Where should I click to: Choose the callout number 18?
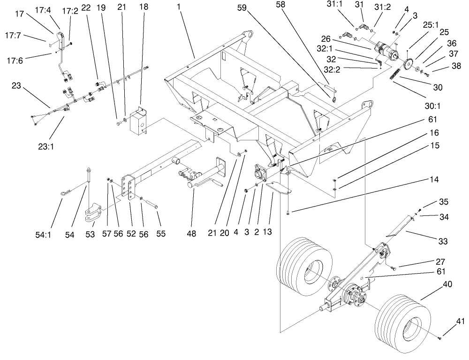(x=141, y=8)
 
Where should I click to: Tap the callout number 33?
(x=442, y=241)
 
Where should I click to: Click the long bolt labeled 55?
(x=150, y=206)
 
